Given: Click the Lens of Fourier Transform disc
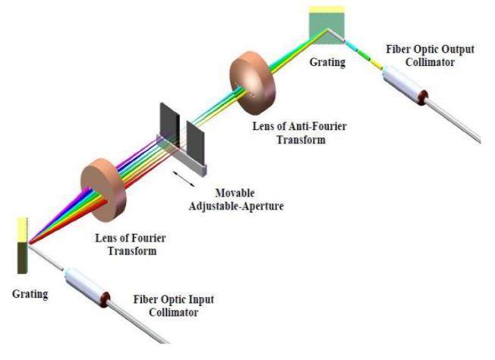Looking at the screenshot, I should pyautogui.click(x=103, y=185).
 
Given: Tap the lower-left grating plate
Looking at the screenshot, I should pyautogui.click(x=22, y=245).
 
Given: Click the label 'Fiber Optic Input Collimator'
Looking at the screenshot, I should pyautogui.click(x=172, y=305).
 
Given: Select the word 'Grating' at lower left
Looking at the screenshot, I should pyautogui.click(x=30, y=293).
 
